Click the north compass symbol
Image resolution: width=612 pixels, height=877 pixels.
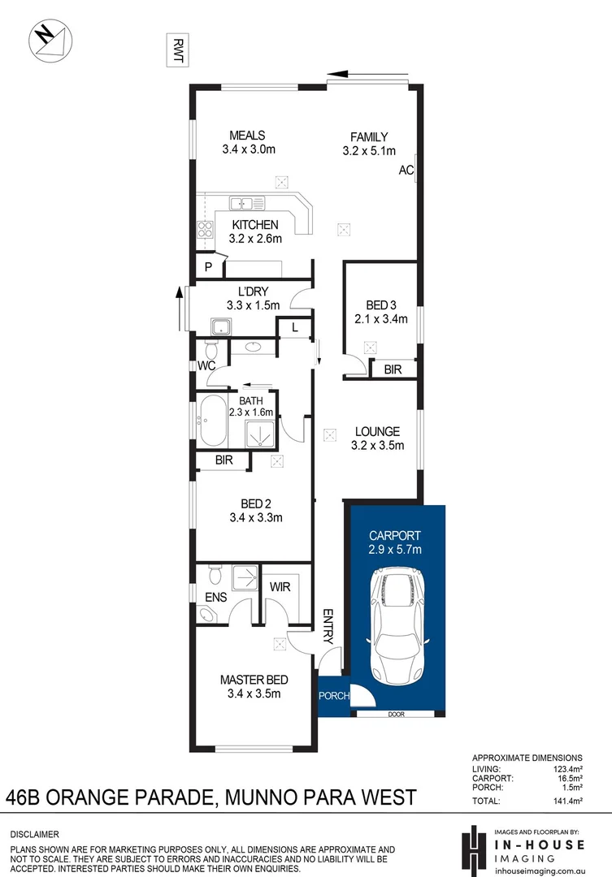click(x=49, y=40)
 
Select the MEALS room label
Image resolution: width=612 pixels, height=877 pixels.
click(x=248, y=136)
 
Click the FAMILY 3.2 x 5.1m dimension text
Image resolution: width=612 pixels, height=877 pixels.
click(x=369, y=150)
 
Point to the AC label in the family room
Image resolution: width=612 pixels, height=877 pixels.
click(x=406, y=171)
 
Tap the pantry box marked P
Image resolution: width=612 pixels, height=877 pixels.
click(x=208, y=267)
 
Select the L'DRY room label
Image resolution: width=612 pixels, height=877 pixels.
click(x=253, y=292)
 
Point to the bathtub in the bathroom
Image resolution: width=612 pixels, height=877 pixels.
click(x=213, y=421)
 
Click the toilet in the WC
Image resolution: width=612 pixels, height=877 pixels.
click(x=211, y=352)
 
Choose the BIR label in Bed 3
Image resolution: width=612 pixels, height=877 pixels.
click(x=393, y=369)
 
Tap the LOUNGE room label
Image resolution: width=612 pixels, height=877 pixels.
click(x=376, y=431)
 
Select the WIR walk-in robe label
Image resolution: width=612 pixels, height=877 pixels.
click(x=280, y=586)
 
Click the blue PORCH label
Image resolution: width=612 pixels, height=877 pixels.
click(x=333, y=696)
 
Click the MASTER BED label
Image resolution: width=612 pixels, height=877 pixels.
click(x=254, y=680)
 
